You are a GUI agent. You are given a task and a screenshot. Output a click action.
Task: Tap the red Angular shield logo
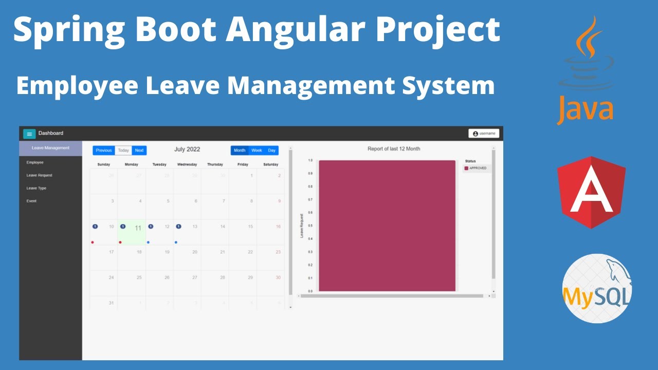tap(591, 192)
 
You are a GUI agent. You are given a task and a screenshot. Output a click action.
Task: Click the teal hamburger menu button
tap(29, 134)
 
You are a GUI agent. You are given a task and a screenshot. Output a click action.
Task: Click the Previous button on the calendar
tap(104, 151)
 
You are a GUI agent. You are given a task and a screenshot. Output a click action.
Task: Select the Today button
tap(123, 151)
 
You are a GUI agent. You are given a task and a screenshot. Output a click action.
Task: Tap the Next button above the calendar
tap(139, 151)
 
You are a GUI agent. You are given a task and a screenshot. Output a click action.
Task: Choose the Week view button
tap(257, 151)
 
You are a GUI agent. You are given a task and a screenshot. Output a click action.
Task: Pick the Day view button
tap(272, 151)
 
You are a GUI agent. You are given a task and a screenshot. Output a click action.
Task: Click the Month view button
tap(240, 151)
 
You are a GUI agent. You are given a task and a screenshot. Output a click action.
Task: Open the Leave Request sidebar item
tap(40, 175)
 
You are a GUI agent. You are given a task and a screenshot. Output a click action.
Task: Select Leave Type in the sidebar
tap(36, 188)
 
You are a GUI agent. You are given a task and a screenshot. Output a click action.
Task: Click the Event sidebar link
tap(31, 201)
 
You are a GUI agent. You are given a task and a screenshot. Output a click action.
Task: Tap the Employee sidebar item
tap(35, 162)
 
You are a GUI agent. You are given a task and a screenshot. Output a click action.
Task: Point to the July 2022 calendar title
tap(187, 150)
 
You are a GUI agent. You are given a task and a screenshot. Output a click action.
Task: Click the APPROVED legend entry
tap(477, 168)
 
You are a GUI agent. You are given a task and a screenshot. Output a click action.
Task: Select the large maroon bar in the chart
tap(387, 226)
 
